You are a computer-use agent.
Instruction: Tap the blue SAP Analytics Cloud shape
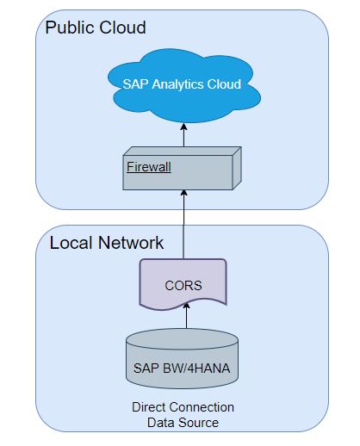(184, 86)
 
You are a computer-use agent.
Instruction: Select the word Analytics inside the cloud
(177, 84)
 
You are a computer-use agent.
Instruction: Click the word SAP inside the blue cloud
(136, 84)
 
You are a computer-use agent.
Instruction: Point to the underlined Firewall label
(149, 167)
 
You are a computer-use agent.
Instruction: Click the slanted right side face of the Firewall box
(237, 168)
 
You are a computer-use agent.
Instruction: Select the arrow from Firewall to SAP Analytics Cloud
(184, 135)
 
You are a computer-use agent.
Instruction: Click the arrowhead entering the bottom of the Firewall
(184, 193)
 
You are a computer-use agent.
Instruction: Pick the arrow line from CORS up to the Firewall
(183, 224)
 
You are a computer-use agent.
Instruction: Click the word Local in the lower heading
(71, 243)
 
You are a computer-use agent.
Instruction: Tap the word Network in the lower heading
(131, 243)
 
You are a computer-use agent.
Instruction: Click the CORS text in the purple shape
(183, 286)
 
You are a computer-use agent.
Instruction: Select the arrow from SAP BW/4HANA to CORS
(187, 316)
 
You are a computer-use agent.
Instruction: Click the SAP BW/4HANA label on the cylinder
(182, 369)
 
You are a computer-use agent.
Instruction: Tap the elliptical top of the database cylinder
(183, 339)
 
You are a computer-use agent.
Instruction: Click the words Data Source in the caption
(183, 423)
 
